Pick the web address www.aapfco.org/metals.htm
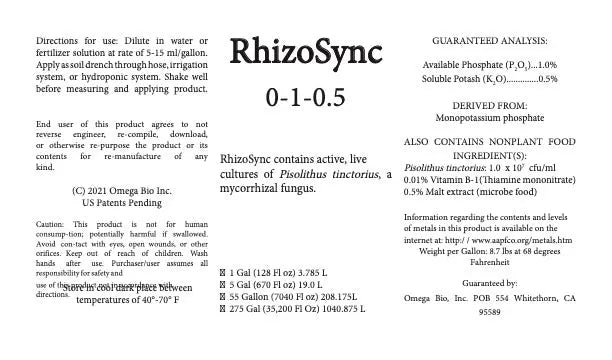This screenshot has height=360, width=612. (520, 240)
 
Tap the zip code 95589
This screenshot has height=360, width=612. (490, 339)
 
